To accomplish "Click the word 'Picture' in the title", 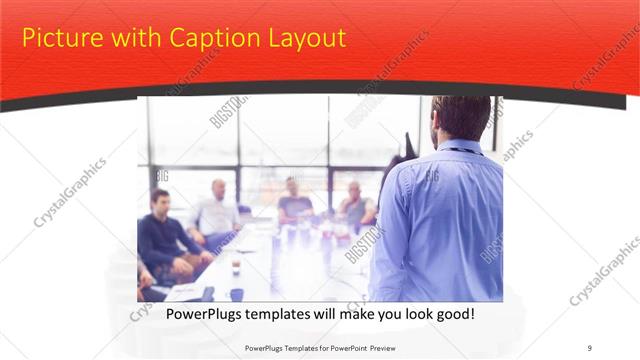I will point(59,38).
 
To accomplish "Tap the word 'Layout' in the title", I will point(305,38).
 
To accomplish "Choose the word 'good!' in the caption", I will point(452,315).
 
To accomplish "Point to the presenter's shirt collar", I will point(459,148).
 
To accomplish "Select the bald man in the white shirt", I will point(217,210).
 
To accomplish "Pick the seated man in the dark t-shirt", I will point(293,200).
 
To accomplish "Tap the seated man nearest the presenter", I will point(356,205).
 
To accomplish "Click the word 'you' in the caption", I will point(378,315).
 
